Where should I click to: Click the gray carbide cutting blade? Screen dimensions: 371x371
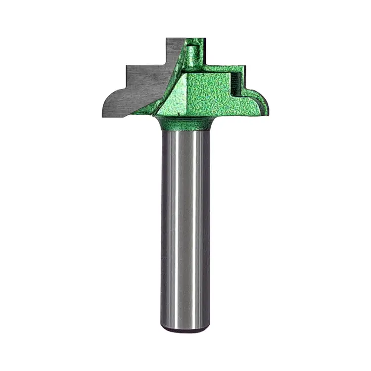[x=143, y=84]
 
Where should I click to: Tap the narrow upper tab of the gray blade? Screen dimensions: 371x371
[x=175, y=49]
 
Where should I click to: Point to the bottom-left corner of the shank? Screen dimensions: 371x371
[x=162, y=327]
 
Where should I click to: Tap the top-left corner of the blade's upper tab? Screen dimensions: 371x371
[x=167, y=38]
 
